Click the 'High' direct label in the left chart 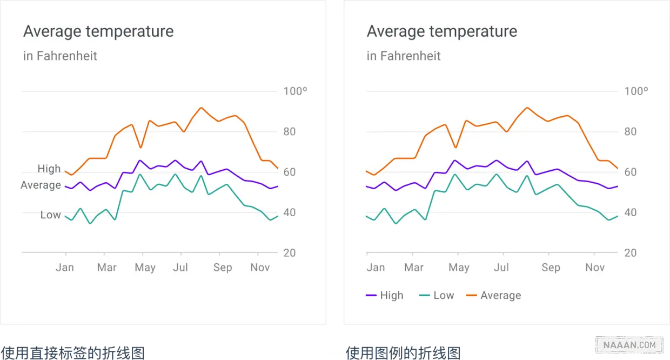[49, 169]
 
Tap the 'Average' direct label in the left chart [41, 185]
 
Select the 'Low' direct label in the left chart [50, 215]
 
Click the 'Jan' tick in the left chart [65, 268]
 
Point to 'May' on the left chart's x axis [145, 268]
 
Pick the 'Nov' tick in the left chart [260, 268]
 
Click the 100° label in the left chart [296, 91]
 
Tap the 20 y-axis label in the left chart [290, 253]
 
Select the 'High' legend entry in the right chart [385, 295]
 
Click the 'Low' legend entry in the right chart [437, 295]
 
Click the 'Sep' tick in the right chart [551, 268]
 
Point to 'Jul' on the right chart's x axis [501, 268]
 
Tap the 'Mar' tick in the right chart [414, 268]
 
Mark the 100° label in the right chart [636, 91]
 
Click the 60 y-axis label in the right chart [631, 172]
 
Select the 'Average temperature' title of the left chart [98, 31]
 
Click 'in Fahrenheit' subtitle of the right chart [404, 56]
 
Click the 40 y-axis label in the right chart [631, 212]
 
